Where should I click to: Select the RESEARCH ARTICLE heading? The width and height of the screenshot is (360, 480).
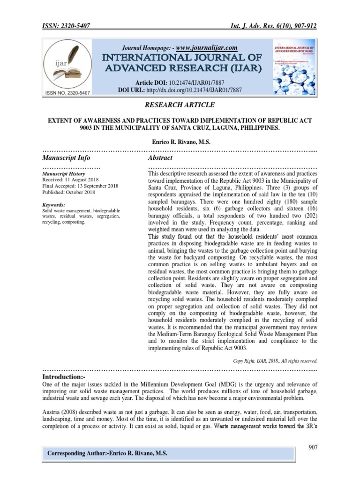[x=180, y=105]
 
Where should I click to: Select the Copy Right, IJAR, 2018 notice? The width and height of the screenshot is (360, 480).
[x=276, y=361]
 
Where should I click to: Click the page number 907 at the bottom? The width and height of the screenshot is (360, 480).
[x=313, y=448]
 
